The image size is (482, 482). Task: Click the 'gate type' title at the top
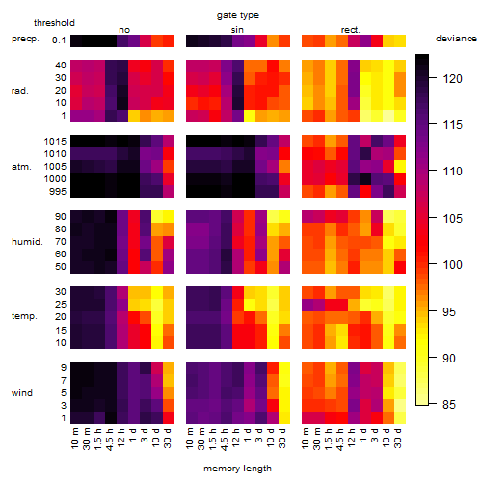pos(238,15)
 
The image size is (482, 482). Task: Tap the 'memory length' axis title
pos(237,469)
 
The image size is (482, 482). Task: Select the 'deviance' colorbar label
pos(456,39)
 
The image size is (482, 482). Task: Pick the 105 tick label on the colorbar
pos(452,218)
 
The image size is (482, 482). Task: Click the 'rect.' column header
pos(351,30)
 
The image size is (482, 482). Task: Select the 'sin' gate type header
pos(237,30)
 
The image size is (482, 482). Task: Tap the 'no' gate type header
pos(124,30)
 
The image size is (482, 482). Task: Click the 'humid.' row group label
pos(27,242)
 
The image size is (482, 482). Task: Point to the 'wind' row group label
pos(22,393)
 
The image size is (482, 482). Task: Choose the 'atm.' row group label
pos(21,167)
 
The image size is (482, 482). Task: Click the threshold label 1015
pos(55,142)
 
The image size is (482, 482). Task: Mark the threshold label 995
pos(58,192)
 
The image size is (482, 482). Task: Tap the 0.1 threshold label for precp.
pos(59,40)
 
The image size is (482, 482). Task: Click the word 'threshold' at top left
pos(54,23)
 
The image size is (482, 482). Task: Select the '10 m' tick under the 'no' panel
pos(75,438)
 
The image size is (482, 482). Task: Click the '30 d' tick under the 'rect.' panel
pos(398,438)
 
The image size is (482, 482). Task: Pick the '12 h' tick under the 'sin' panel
pos(236,438)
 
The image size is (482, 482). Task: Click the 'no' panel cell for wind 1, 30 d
pos(169,417)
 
